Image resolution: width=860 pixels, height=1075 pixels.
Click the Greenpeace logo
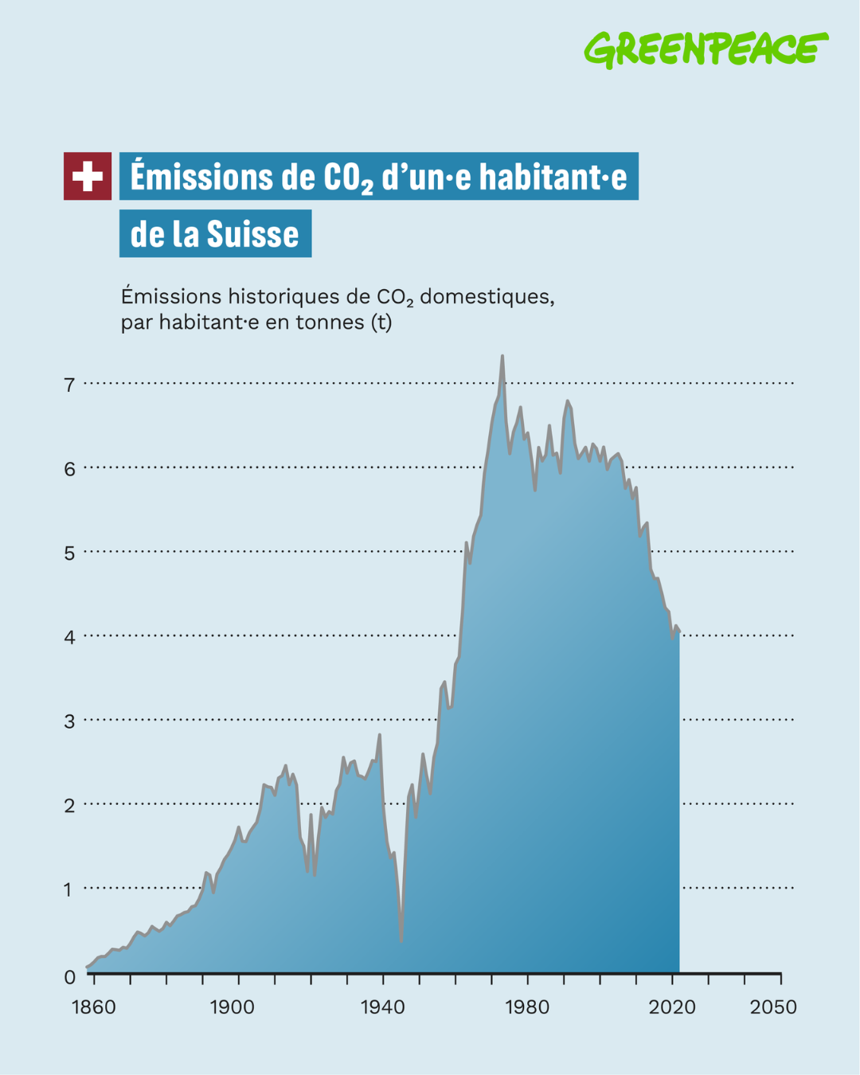pos(706,49)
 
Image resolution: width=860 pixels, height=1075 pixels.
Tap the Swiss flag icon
pos(88,176)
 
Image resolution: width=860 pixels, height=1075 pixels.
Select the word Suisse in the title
pos(252,234)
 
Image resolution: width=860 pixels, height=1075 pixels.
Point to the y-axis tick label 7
pos(69,385)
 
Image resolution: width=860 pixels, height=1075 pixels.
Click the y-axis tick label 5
pos(69,553)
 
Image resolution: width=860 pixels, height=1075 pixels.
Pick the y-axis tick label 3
pos(69,721)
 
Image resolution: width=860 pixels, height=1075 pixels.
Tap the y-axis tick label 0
pos(69,977)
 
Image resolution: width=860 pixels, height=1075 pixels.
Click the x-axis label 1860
pos(94,1007)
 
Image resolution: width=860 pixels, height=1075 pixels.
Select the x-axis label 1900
pos(232,1007)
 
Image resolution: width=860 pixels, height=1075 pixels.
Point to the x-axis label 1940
pos(383,1007)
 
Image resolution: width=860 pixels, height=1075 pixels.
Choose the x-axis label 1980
pos(527,1007)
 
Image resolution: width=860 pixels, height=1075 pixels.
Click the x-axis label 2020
pos(672,1007)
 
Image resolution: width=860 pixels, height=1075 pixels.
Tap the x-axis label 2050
pos(773,1007)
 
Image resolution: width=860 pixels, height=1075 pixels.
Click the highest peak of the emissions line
pos(502,356)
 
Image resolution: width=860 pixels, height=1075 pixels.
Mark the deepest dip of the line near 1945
pos(401,940)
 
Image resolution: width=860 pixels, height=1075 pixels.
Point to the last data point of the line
pos(679,631)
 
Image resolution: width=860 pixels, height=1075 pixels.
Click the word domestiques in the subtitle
pos(487,297)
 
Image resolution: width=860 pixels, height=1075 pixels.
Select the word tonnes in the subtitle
pos(330,322)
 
